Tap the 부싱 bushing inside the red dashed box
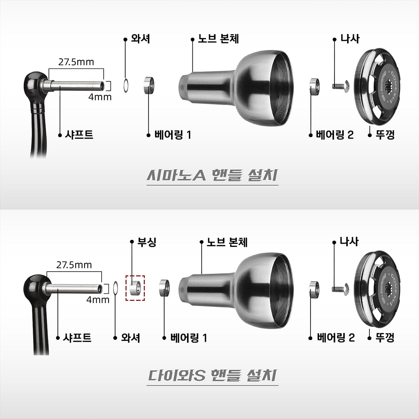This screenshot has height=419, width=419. pos(135,288)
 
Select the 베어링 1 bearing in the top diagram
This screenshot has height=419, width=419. pos(149,86)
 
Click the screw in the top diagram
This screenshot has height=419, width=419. pos(341,86)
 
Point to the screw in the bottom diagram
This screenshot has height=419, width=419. pos(340,289)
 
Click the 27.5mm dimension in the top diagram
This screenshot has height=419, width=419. pos(76,62)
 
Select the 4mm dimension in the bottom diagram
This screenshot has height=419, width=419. pos(98,300)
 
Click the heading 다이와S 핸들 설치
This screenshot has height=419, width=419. pos(212,375)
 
